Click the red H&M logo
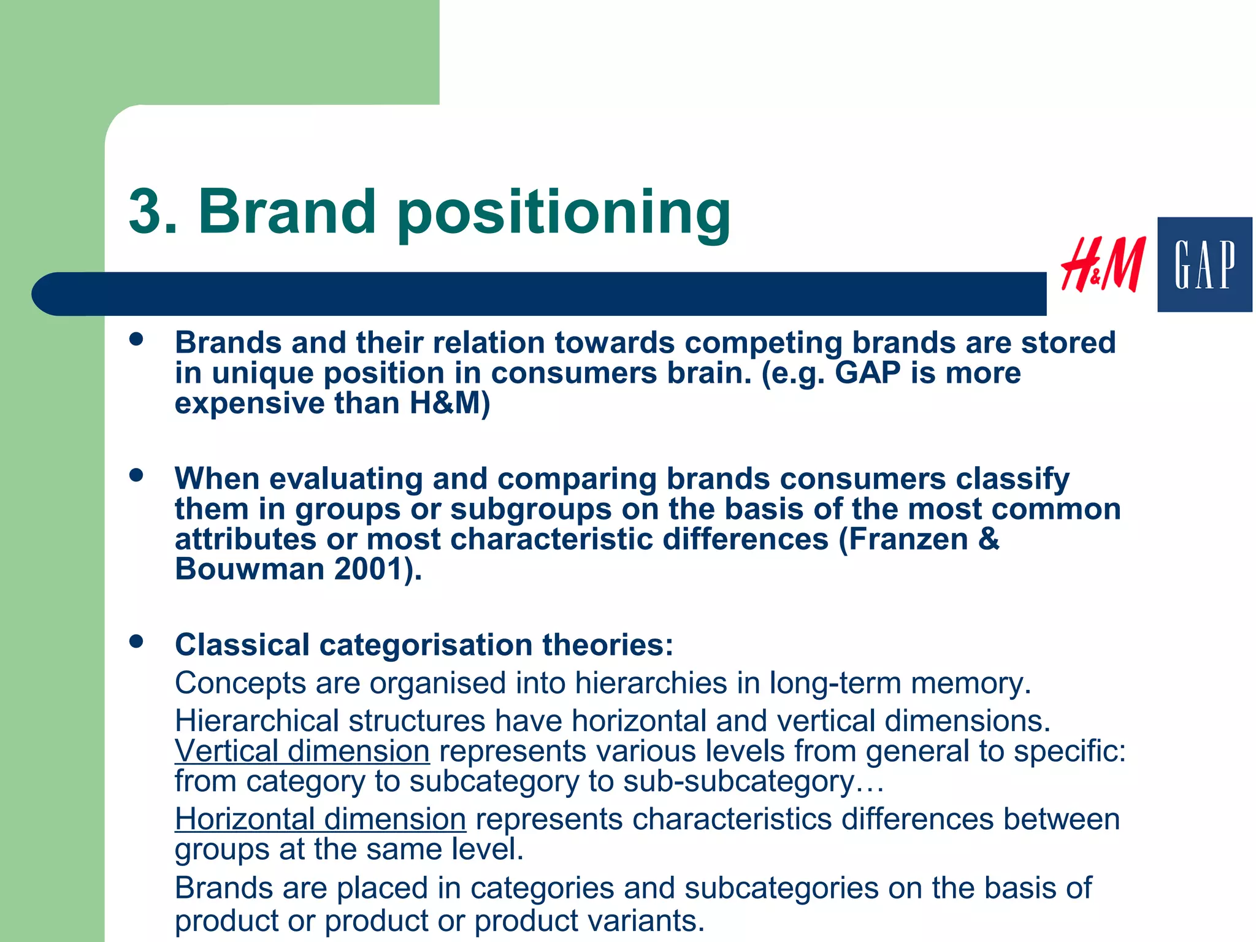tap(1103, 265)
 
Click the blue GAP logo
tap(1204, 264)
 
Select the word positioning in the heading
tap(564, 215)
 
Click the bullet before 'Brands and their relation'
tap(136, 339)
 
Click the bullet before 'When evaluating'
tap(136, 475)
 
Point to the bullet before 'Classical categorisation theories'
tap(136, 641)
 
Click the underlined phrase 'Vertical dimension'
tap(302, 751)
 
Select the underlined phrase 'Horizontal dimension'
tap(320, 819)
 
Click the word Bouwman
tap(250, 569)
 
